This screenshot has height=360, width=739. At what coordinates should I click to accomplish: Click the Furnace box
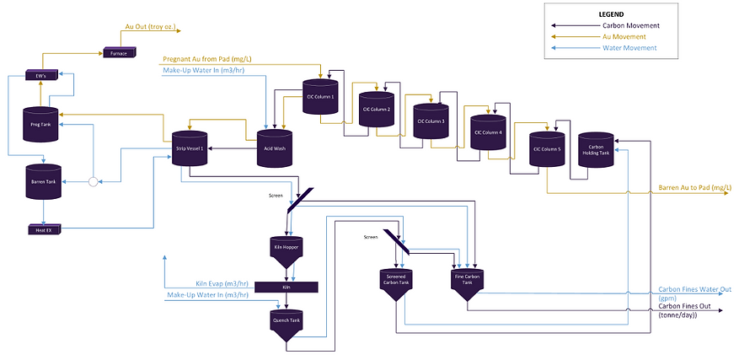coord(117,53)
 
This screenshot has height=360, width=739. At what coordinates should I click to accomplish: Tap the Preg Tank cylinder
coord(40,124)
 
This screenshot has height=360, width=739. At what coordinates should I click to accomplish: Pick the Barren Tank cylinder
coord(40,182)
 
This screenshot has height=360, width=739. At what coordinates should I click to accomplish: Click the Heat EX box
coord(40,228)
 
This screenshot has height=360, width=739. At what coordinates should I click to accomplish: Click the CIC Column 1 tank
coord(320,96)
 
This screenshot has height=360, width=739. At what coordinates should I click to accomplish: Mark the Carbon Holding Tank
coord(595,150)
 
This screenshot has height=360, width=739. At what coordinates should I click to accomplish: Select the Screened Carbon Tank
coord(396,281)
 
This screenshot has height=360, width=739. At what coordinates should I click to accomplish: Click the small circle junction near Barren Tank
coord(94,181)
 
